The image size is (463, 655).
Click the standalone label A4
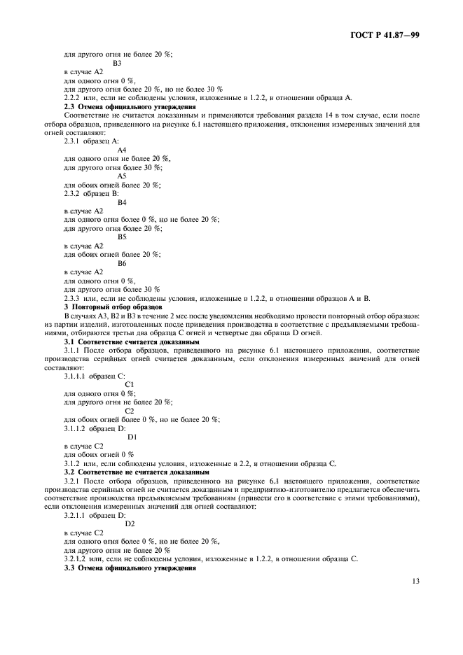pos(122,150)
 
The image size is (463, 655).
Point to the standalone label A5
pos(122,176)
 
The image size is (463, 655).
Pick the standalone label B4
pos(122,202)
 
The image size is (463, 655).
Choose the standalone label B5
pos(122,237)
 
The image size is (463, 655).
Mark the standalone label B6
pos(122,262)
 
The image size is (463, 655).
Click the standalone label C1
pos(129,384)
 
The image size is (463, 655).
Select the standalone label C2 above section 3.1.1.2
pos(129,410)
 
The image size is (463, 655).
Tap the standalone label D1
pos(132,436)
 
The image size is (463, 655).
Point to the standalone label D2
pos(130,523)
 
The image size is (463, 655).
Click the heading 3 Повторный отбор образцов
pos(113,307)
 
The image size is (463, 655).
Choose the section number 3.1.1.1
pos(76,376)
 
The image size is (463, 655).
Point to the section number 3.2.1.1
pos(76,514)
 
